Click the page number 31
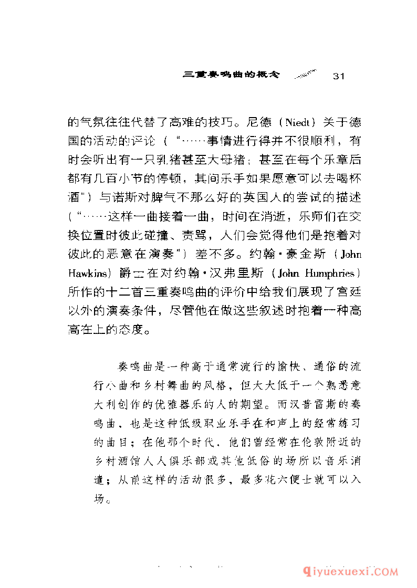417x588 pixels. [338, 76]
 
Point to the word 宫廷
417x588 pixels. [348, 292]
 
